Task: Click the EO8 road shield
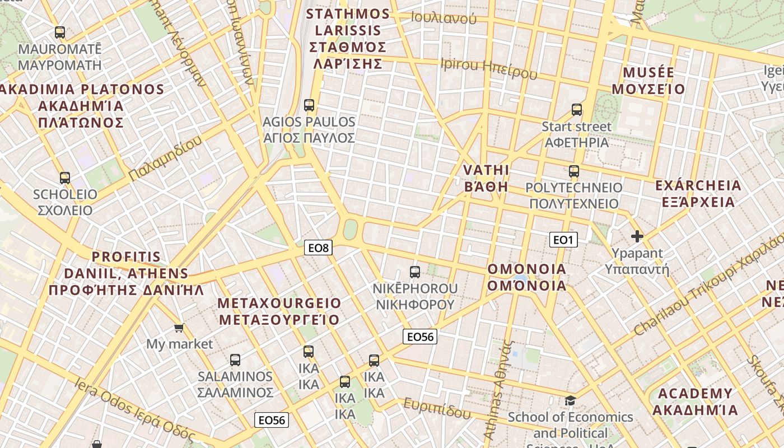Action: [318, 248]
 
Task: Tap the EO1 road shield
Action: [563, 240]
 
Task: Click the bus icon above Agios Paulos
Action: [309, 105]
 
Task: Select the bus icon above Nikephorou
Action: [414, 272]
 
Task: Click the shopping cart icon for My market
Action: [179, 328]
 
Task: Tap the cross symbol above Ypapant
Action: [637, 236]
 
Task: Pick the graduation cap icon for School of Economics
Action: [570, 400]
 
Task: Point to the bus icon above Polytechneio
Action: [574, 171]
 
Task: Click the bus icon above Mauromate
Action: [60, 32]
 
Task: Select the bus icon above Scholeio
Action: [65, 178]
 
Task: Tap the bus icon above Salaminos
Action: [235, 360]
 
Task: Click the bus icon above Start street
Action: [577, 110]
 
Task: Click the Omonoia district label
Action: [526, 277]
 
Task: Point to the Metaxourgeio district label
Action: [279, 311]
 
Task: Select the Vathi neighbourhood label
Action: [486, 178]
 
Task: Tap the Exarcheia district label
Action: [698, 193]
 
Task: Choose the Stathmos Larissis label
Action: [348, 38]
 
